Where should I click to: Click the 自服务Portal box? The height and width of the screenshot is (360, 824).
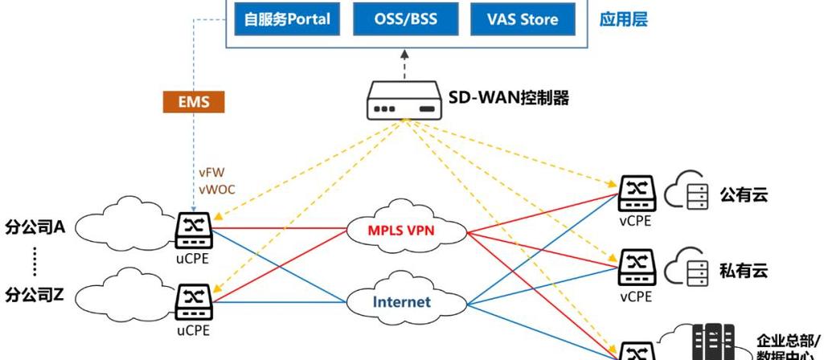tap(287, 19)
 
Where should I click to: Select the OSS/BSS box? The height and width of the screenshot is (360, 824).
tap(405, 19)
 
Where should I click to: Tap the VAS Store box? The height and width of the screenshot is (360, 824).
tap(523, 19)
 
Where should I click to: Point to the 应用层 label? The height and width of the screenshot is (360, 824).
tap(623, 19)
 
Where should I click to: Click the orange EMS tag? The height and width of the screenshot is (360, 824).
tap(193, 103)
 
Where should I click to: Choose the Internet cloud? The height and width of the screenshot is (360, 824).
tap(401, 302)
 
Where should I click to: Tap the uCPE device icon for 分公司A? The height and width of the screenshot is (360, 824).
tap(193, 230)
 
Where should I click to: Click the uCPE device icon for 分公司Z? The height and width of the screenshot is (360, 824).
tap(193, 302)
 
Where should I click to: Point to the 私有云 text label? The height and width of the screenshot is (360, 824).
tap(744, 270)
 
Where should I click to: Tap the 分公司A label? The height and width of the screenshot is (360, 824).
tap(35, 226)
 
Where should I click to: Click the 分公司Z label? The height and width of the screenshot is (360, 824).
tap(35, 294)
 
